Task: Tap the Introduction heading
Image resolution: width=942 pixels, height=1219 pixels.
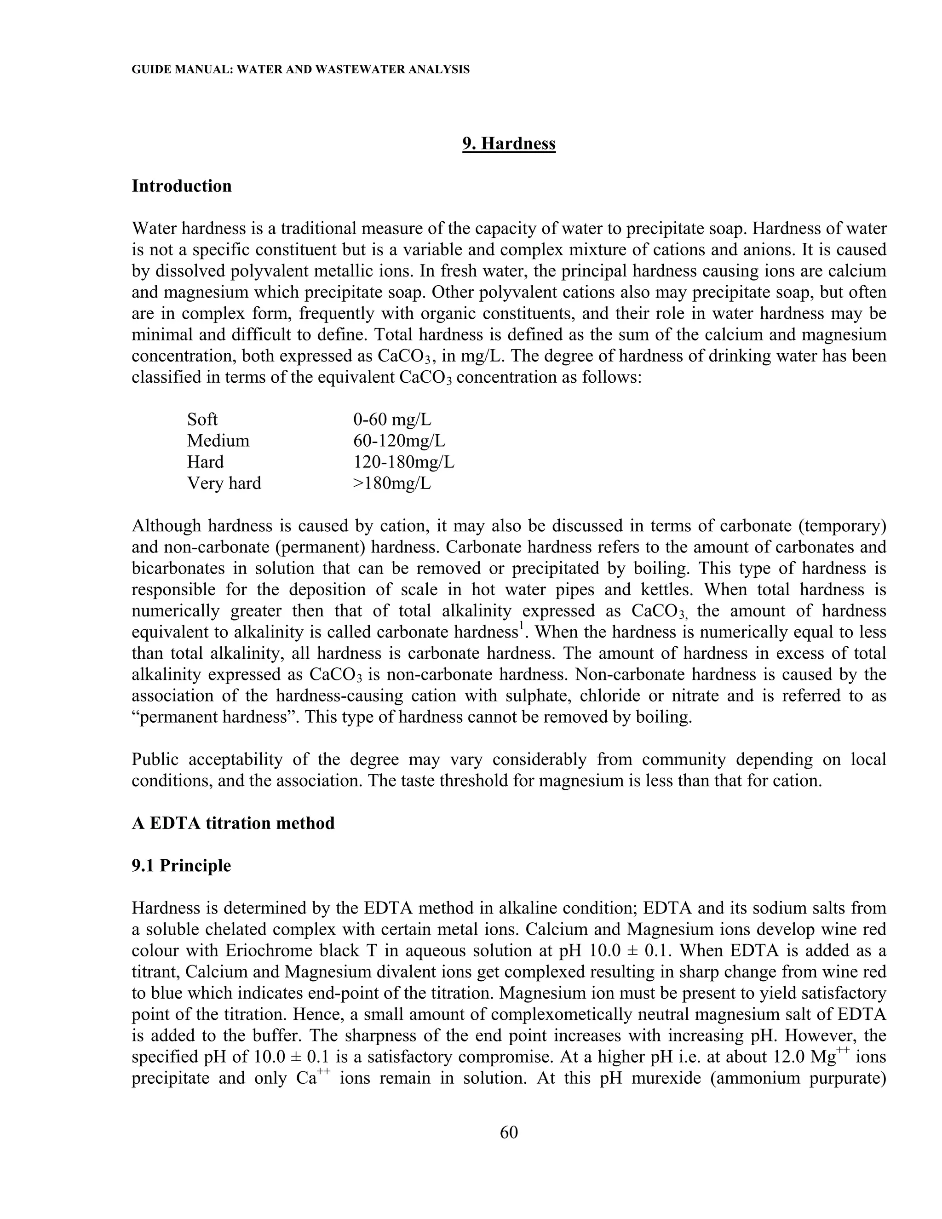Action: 181,186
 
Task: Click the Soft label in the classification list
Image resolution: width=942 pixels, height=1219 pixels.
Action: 202,419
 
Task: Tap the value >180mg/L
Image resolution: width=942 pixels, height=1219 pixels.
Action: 392,483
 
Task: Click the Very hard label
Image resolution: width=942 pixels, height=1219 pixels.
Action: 224,483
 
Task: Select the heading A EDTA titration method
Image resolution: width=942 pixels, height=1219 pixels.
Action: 233,823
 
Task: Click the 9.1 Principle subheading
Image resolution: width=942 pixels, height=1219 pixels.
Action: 181,866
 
